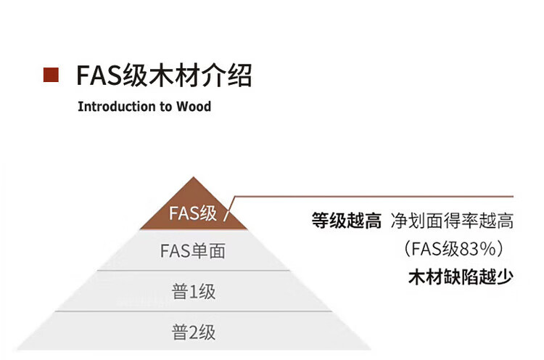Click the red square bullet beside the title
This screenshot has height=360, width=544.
click(51, 75)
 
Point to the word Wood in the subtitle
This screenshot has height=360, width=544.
click(194, 107)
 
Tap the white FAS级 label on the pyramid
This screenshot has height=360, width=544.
click(192, 213)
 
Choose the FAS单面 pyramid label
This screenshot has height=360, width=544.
click(192, 252)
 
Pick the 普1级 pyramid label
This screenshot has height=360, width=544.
click(194, 292)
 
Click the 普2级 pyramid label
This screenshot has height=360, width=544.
click(194, 332)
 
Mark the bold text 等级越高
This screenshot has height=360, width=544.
click(346, 221)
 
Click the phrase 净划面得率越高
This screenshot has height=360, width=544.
click(452, 221)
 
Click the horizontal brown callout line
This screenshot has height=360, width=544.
click(377, 196)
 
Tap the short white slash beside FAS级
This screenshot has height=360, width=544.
click(226, 215)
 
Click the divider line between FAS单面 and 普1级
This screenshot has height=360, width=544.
click(193, 271)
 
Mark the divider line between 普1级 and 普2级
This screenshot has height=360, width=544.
click(193, 311)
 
